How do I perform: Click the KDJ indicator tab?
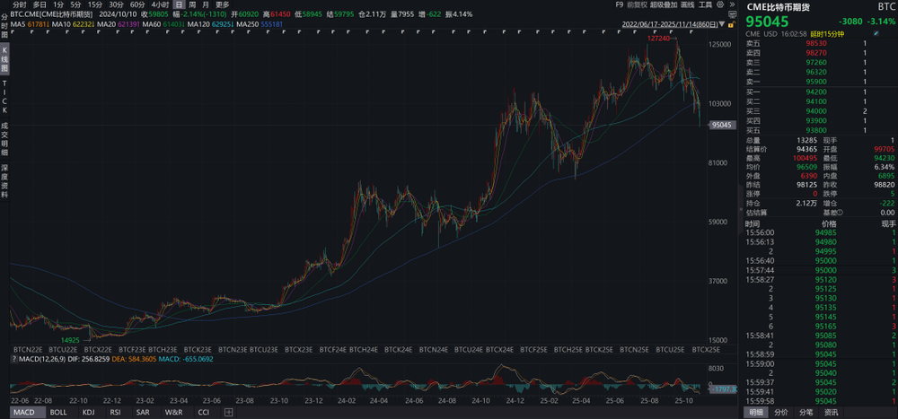[x=88, y=412]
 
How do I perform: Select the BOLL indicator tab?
[x=57, y=412]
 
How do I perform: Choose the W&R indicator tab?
[x=173, y=412]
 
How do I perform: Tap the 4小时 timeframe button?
[x=160, y=4]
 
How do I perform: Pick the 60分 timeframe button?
[x=137, y=4]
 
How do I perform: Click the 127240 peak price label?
[x=658, y=39]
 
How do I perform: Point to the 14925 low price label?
[x=70, y=340]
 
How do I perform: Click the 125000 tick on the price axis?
[x=718, y=44]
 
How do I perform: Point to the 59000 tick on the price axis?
[x=718, y=222]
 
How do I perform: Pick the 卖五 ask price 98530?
[x=816, y=43]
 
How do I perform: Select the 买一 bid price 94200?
[x=816, y=92]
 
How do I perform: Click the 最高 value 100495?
[x=803, y=157]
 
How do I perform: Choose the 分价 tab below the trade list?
[x=781, y=412]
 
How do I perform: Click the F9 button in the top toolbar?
[x=620, y=4]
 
